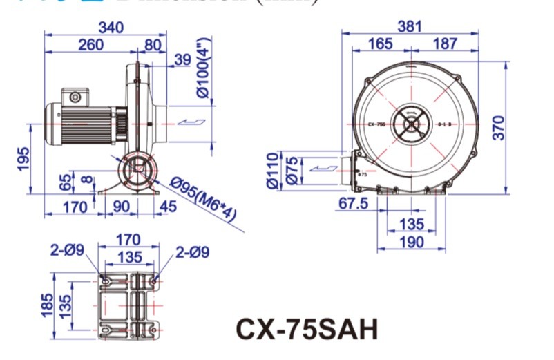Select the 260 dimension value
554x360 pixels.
(x=90, y=45)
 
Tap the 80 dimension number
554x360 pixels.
(x=153, y=45)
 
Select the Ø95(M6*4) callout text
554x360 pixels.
(x=204, y=200)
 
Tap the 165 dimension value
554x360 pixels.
(x=380, y=44)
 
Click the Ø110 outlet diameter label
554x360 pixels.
(x=271, y=170)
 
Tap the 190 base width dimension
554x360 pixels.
(x=410, y=241)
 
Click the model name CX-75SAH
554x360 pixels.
(x=307, y=328)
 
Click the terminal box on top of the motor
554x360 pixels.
(x=74, y=96)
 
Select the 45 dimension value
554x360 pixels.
(x=168, y=206)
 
